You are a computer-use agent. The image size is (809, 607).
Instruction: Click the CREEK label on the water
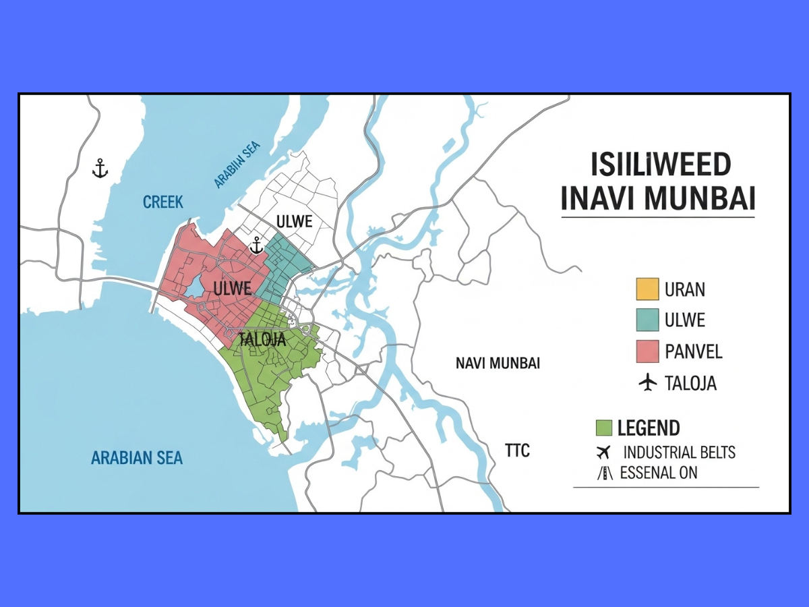tap(163, 202)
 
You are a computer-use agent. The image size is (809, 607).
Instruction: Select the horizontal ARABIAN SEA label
tap(137, 458)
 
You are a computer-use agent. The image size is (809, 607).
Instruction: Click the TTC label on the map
tap(517, 450)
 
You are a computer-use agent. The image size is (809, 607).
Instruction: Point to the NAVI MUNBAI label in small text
tap(498, 363)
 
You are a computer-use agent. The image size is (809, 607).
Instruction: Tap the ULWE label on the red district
tap(233, 289)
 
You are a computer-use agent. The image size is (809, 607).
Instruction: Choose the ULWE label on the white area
tap(295, 221)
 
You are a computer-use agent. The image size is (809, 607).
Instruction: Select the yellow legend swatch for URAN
tap(647, 289)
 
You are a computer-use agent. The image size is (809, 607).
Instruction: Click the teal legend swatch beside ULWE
tap(647, 320)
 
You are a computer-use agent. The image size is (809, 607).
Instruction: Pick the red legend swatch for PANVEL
tap(647, 351)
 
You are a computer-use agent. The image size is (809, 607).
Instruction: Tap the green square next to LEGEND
tap(604, 428)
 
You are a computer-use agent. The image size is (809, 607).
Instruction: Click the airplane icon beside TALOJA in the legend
tap(647, 383)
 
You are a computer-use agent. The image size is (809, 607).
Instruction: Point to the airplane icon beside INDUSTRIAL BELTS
tap(603, 452)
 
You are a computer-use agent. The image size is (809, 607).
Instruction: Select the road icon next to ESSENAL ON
tap(605, 473)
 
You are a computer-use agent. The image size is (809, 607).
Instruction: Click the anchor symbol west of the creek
tap(100, 169)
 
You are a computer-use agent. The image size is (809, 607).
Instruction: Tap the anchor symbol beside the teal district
tap(256, 245)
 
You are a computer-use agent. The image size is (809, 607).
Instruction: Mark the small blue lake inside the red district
tap(195, 287)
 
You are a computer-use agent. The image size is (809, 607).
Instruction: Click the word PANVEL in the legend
tap(693, 351)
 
